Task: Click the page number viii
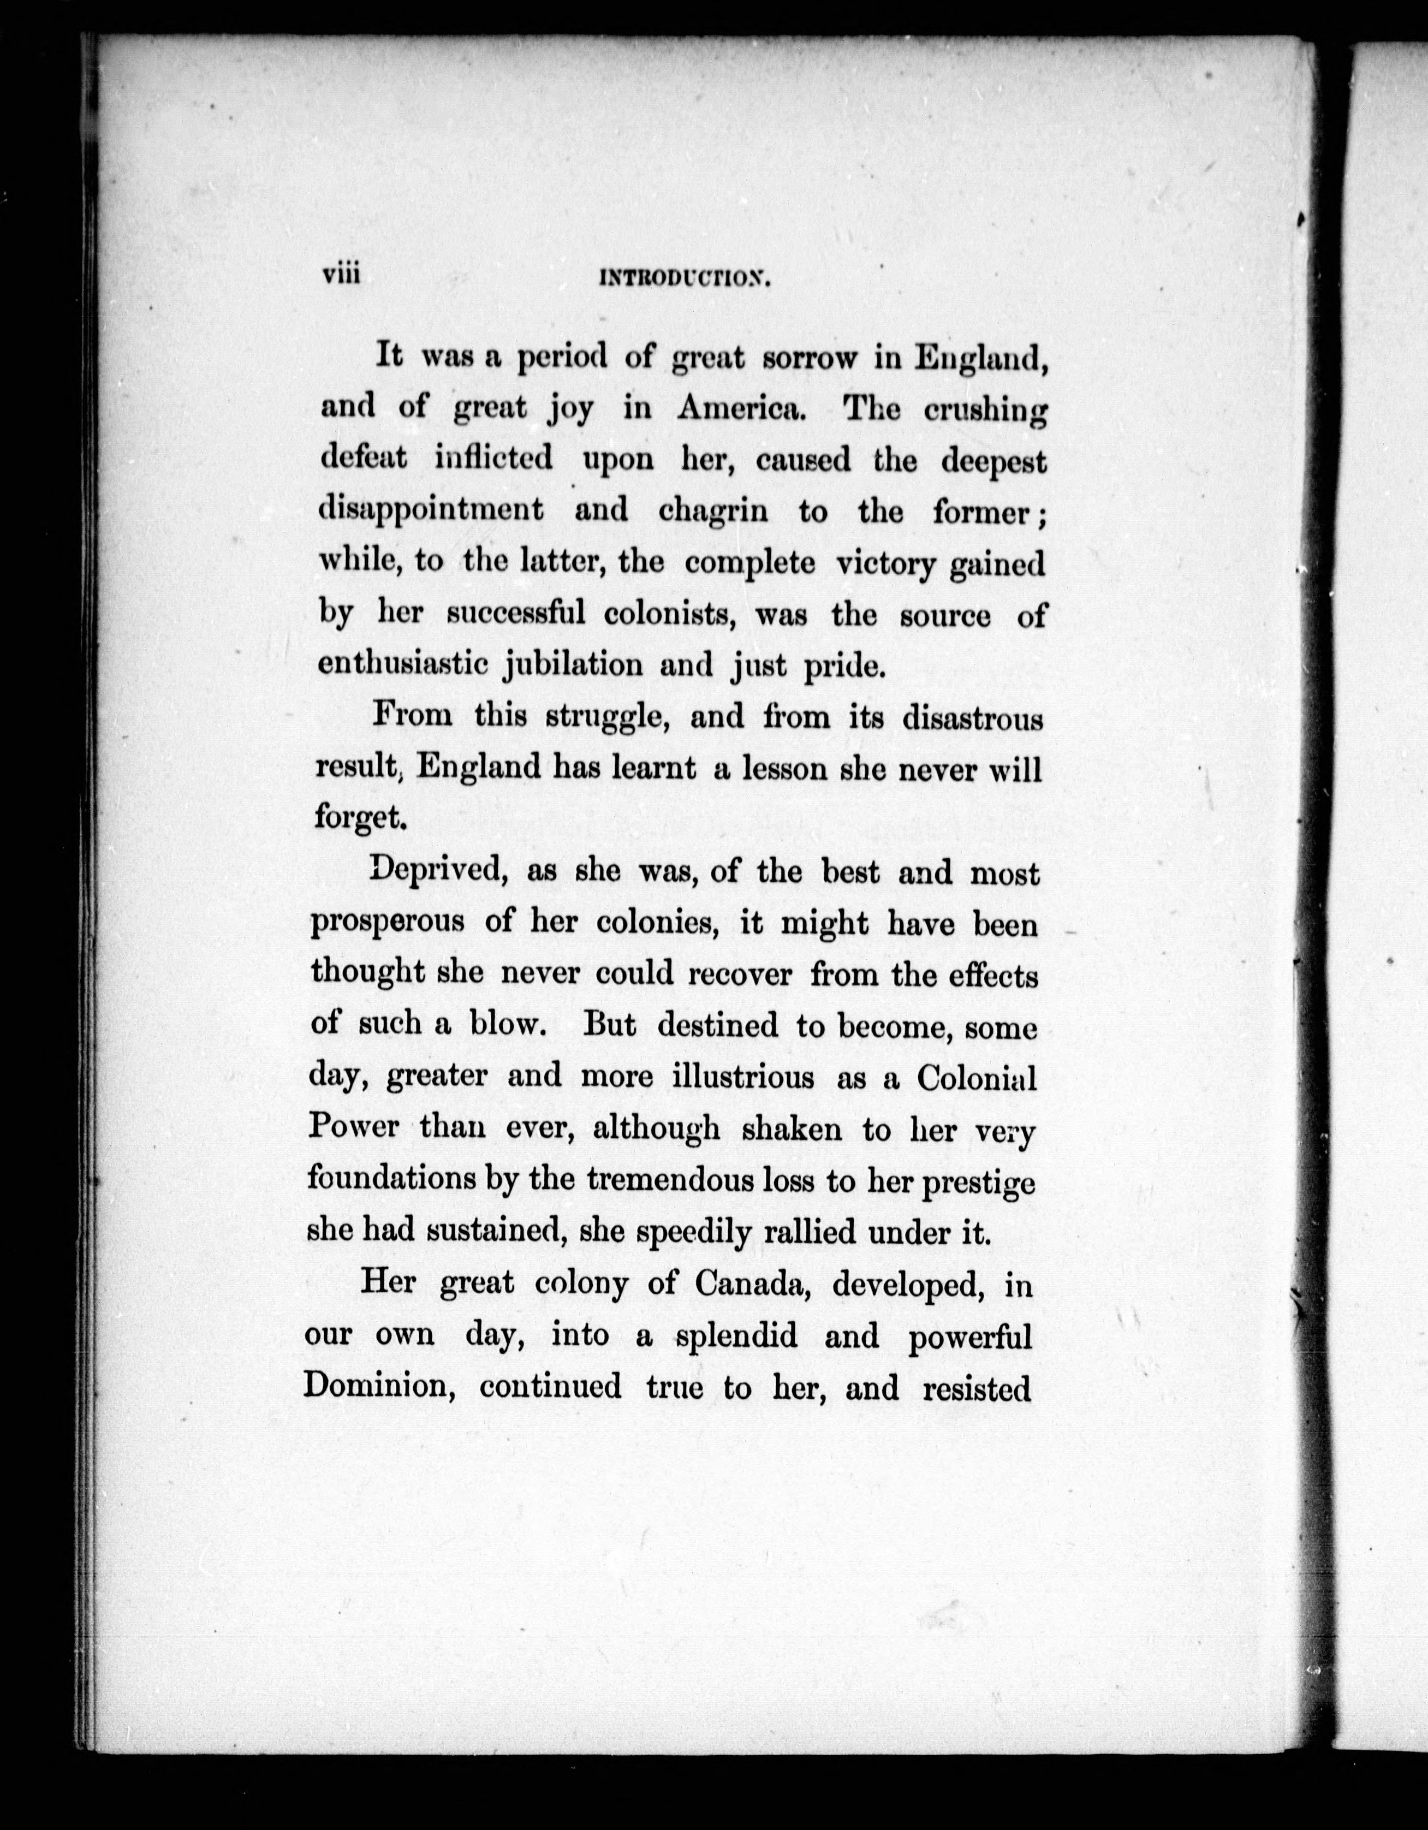click(x=341, y=274)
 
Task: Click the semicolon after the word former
click(x=1040, y=514)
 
